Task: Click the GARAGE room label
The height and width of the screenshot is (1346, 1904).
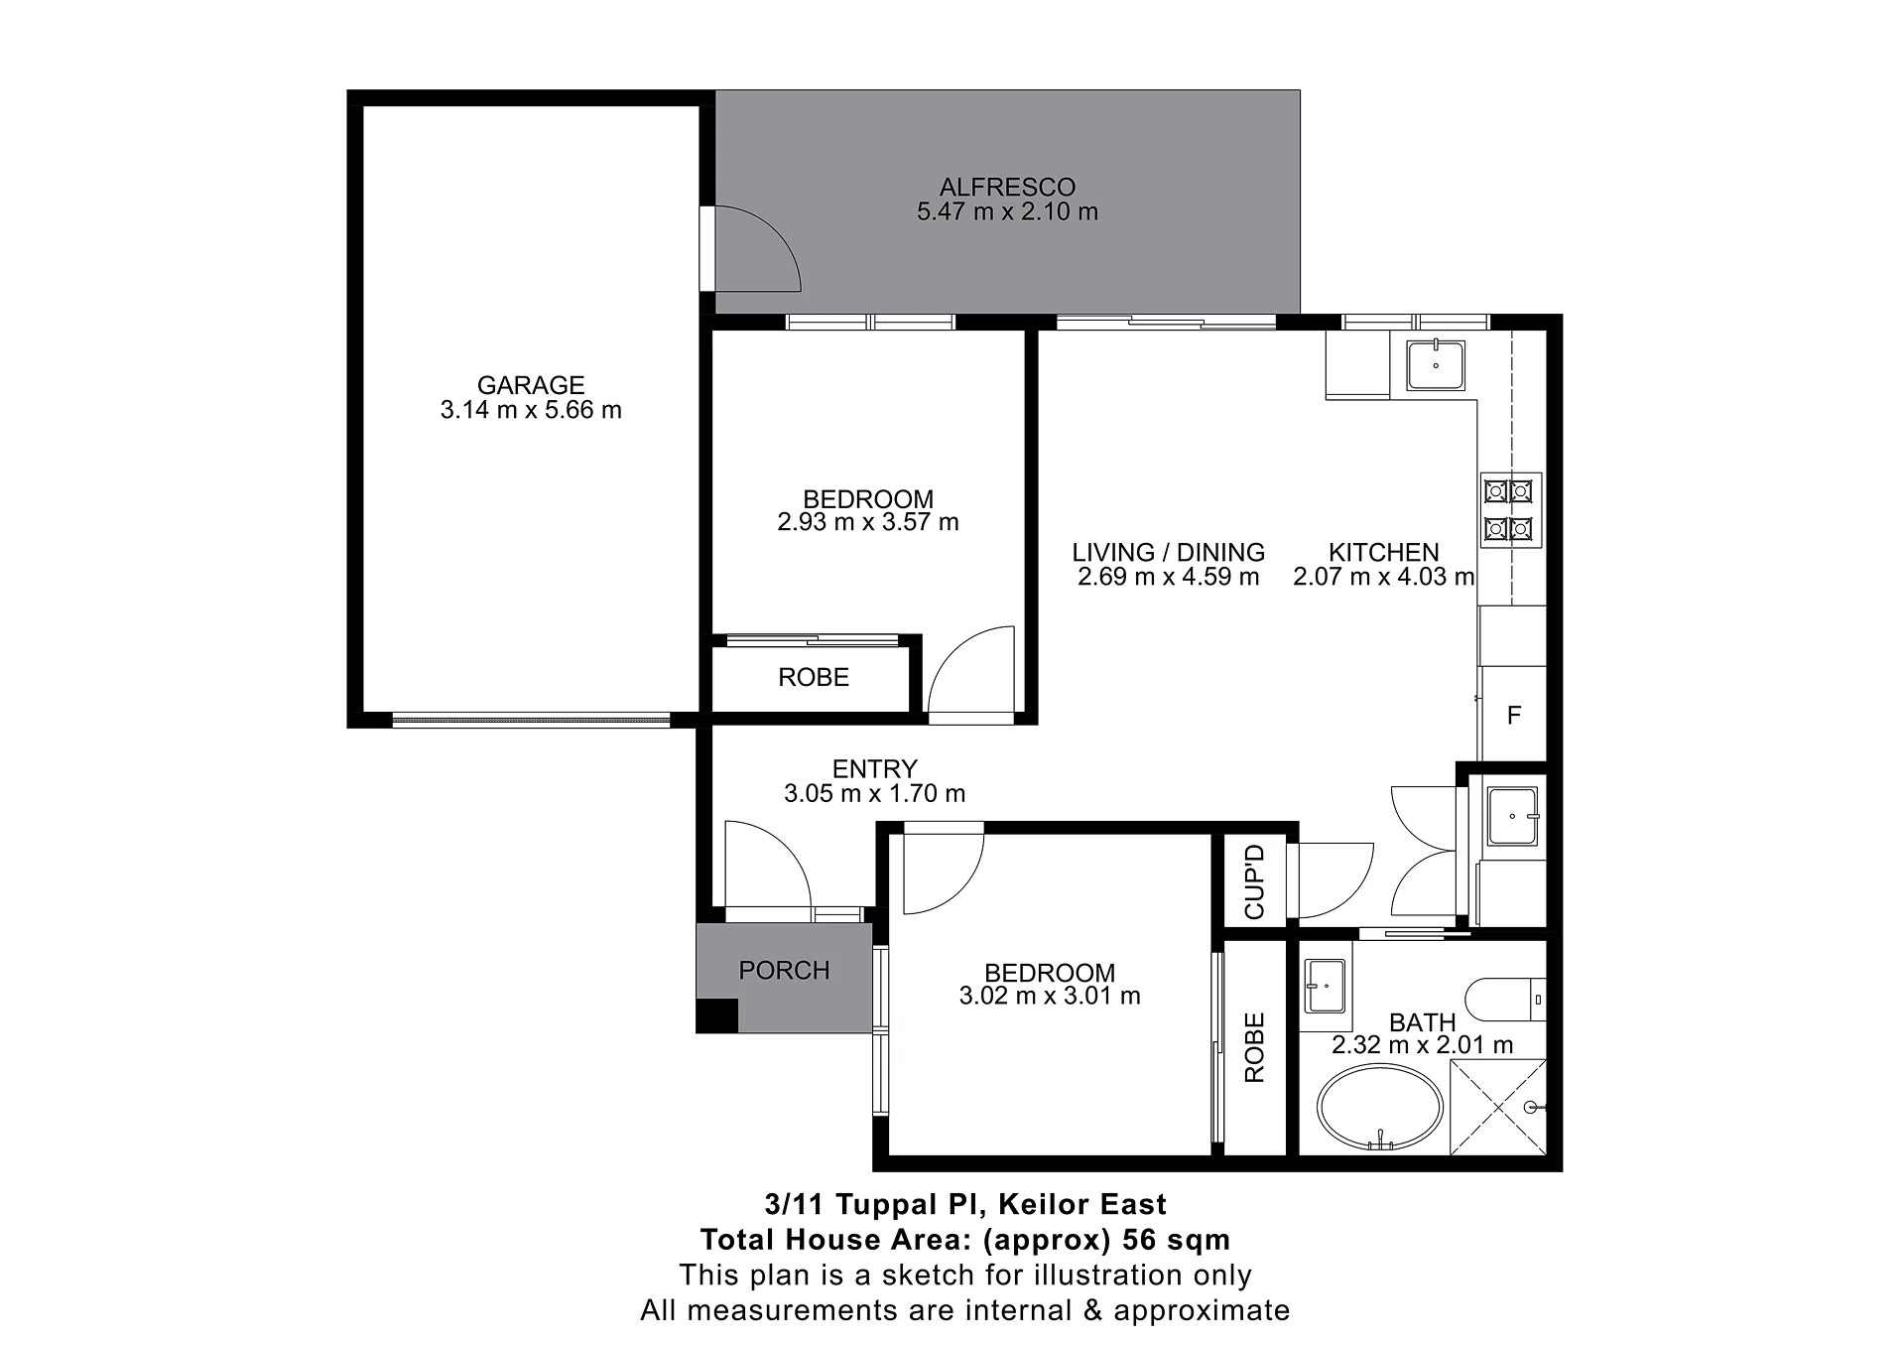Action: (531, 385)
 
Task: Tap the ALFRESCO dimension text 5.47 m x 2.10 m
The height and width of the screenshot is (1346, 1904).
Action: (1007, 211)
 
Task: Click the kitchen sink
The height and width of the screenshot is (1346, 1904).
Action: (1436, 364)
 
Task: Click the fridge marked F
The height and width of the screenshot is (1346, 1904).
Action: (1513, 715)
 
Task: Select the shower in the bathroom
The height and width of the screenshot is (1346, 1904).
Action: (1498, 1107)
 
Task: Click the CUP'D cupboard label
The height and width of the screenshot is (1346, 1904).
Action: (1254, 881)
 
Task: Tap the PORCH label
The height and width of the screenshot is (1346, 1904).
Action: (784, 970)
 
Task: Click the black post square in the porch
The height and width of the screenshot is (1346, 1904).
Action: (717, 1015)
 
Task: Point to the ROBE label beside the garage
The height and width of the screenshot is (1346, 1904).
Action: (814, 678)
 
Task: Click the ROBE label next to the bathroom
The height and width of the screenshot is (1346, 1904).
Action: (1254, 1047)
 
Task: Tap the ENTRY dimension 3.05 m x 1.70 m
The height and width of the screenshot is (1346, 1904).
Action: (874, 793)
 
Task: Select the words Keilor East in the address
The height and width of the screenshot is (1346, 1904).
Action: (1082, 1205)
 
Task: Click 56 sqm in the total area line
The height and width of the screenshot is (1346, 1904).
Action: (1176, 1240)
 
